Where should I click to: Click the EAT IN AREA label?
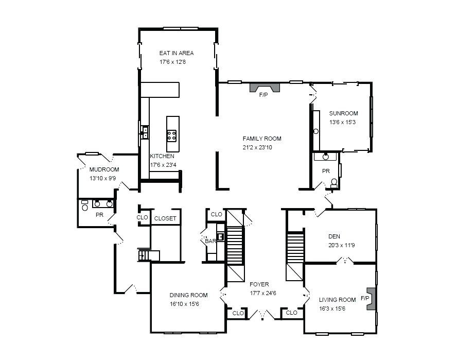[x=177, y=53]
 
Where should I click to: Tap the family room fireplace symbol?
[x=265, y=88]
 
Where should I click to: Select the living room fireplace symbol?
[x=371, y=299]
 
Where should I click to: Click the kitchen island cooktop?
[x=171, y=135]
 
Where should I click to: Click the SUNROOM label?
[x=344, y=113]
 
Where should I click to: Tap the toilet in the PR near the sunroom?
[x=334, y=183]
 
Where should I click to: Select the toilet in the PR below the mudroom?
[x=85, y=206]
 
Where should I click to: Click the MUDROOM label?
[x=104, y=169]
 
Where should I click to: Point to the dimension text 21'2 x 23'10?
[x=257, y=147]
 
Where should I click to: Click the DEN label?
[x=334, y=236]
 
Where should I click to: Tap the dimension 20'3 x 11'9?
[x=342, y=245]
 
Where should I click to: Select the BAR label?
[x=210, y=241]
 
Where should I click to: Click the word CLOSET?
[x=165, y=218]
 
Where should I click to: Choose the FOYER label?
[x=259, y=284]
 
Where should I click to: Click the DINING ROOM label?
[x=189, y=295]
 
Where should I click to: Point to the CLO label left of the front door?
[x=238, y=313]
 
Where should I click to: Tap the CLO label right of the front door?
[x=291, y=313]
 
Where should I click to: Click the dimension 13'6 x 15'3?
[x=342, y=122]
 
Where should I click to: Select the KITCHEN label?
[x=162, y=156]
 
